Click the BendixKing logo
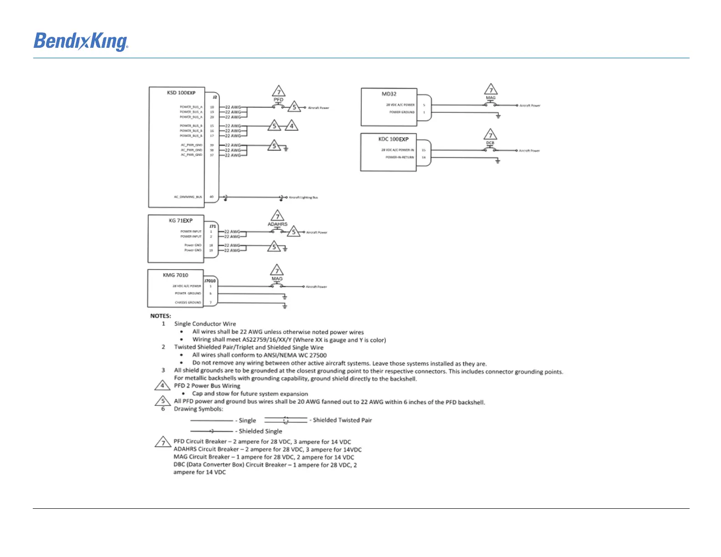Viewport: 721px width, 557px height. tap(81, 41)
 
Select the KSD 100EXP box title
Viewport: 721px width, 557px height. tap(181, 93)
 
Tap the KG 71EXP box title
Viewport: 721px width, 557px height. tap(181, 221)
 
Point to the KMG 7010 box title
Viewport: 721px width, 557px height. tap(175, 275)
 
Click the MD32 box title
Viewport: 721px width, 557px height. tap(389, 94)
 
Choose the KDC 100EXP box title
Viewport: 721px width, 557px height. tap(393, 139)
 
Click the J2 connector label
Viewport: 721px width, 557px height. tap(215, 97)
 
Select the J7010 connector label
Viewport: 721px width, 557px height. tap(210, 281)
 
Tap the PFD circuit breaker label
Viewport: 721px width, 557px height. tap(279, 100)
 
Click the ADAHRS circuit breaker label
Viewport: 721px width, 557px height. tap(277, 224)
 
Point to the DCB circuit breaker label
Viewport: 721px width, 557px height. tap(490, 143)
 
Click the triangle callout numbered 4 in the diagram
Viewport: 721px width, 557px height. tap(291, 126)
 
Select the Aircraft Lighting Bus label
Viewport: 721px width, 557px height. tap(303, 197)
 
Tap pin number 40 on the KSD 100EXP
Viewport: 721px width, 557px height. tap(212, 197)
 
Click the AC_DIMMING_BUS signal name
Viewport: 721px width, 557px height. tap(188, 197)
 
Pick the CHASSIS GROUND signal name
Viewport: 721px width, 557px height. tap(188, 303)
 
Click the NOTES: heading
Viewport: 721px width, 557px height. tap(161, 316)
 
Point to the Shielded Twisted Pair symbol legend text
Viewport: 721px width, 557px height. tap(342, 420)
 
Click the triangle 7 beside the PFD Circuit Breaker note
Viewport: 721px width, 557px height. tap(163, 442)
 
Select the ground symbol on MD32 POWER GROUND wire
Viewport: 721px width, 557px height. tap(498, 116)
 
